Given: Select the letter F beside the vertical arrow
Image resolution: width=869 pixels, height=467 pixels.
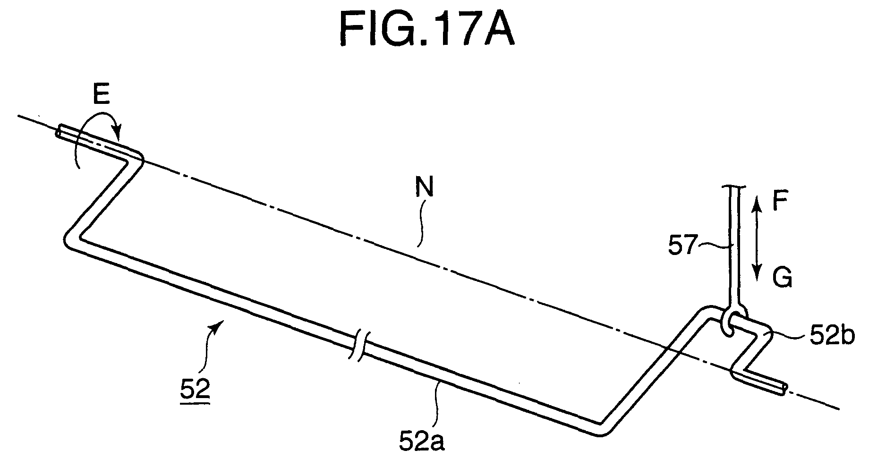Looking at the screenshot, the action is (x=779, y=204).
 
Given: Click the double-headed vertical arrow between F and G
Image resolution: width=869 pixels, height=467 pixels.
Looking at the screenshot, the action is (x=757, y=239).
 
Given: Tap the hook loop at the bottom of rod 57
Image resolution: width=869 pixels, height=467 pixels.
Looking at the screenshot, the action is (x=732, y=321).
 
